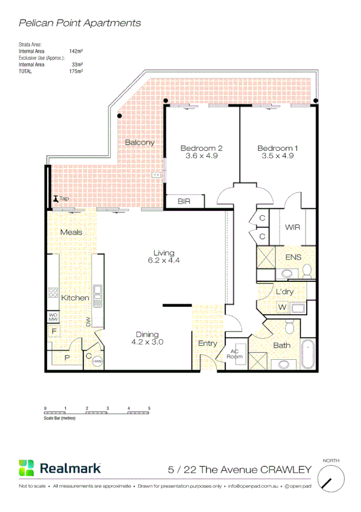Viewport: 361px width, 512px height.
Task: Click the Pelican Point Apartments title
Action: pyautogui.click(x=80, y=23)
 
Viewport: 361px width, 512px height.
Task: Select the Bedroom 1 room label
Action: pyautogui.click(x=277, y=149)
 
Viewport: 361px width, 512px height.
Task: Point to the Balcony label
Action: pyautogui.click(x=140, y=143)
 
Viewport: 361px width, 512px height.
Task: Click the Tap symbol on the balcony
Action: pyautogui.click(x=55, y=199)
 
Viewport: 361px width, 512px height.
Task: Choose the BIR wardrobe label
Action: pyautogui.click(x=184, y=202)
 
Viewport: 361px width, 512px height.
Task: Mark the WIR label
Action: pyautogui.click(x=294, y=228)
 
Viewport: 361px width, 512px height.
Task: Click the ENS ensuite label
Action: pyautogui.click(x=292, y=258)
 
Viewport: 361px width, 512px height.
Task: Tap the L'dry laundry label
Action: pyautogui.click(x=284, y=292)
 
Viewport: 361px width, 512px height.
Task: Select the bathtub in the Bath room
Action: pyautogui.click(x=308, y=354)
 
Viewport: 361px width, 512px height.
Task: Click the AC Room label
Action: pyautogui.click(x=234, y=354)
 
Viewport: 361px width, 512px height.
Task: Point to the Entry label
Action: pyautogui.click(x=207, y=344)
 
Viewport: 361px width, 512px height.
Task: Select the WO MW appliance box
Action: pyautogui.click(x=52, y=316)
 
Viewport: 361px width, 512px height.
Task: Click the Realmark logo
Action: pyautogui.click(x=60, y=468)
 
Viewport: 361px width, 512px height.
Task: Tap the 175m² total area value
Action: pyautogui.click(x=76, y=71)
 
